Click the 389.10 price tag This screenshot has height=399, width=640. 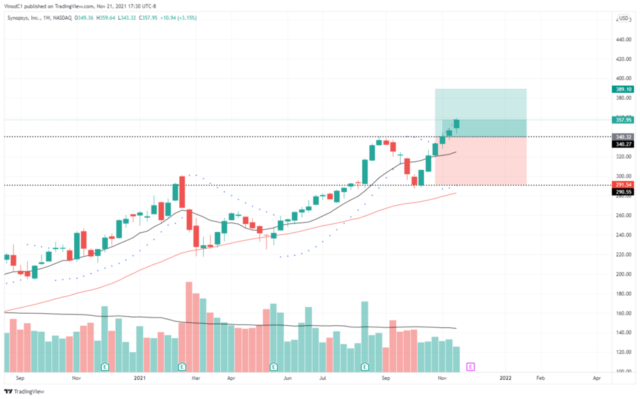[x=625, y=90]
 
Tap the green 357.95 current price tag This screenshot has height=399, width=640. [x=625, y=120]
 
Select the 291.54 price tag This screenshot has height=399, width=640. [x=625, y=184]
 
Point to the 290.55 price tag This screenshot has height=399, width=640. [x=625, y=191]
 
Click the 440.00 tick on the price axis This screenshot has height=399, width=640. [x=625, y=40]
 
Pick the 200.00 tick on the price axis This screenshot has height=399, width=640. [x=625, y=274]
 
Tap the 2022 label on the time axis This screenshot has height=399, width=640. [x=506, y=379]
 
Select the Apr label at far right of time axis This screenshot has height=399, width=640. [x=596, y=379]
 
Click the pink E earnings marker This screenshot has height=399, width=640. [x=470, y=366]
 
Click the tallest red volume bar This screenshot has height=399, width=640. [x=189, y=327]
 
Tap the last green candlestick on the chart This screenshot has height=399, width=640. [x=457, y=124]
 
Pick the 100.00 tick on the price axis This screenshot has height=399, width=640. [x=625, y=371]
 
